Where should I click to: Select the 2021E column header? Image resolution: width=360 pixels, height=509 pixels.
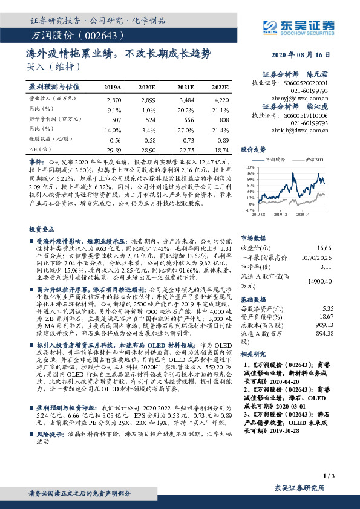coord(186,87)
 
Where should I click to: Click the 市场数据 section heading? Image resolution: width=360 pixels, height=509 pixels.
coord(254,238)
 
